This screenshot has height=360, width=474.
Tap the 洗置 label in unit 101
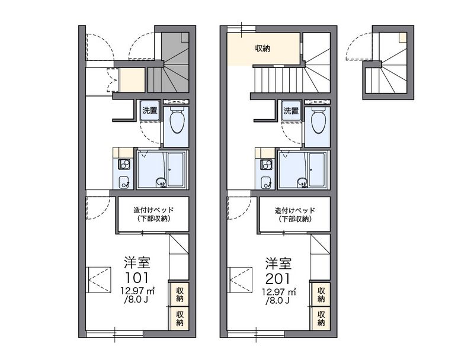(x=150, y=110)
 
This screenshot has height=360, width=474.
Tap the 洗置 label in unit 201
(x=291, y=111)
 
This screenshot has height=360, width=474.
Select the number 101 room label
(x=137, y=278)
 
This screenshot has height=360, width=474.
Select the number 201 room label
(x=278, y=278)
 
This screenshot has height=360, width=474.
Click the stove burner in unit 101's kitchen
(x=124, y=165)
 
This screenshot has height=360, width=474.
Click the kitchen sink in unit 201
(x=265, y=183)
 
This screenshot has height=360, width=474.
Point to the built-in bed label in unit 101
(x=153, y=214)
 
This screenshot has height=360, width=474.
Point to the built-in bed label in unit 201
(x=294, y=214)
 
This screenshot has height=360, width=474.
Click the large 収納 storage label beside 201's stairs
(x=262, y=48)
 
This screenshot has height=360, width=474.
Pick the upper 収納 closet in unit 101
(x=180, y=294)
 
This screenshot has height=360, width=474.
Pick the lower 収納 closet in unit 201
(x=321, y=319)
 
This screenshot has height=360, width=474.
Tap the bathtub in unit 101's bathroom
(x=178, y=169)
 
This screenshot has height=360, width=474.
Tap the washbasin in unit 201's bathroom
(x=303, y=182)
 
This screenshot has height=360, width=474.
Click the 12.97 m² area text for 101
(x=138, y=291)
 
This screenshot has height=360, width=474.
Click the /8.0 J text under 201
(x=277, y=301)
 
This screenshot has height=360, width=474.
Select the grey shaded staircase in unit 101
(x=171, y=62)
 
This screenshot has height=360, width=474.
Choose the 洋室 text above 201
(x=278, y=263)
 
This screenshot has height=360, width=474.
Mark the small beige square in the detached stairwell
(x=403, y=37)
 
